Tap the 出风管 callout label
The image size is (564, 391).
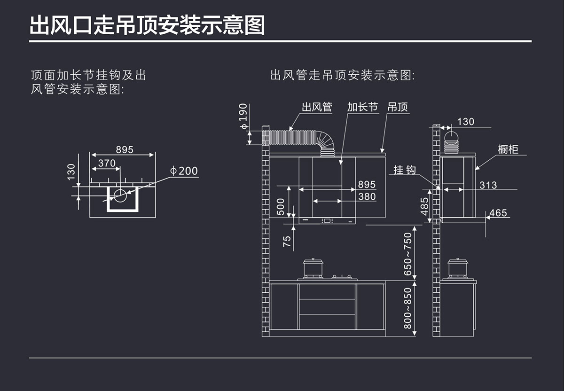(x=317, y=107)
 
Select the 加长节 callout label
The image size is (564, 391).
(x=362, y=107)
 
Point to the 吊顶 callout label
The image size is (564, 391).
(x=398, y=107)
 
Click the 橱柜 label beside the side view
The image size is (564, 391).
(x=508, y=149)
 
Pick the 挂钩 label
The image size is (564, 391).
(x=405, y=170)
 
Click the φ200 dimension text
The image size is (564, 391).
(x=184, y=171)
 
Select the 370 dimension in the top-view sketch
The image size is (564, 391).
(x=107, y=163)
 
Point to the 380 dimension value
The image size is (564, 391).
(x=367, y=196)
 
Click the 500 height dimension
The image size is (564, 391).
(x=281, y=207)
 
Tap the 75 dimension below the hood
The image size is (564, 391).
(x=287, y=242)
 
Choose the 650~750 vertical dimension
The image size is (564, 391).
(x=407, y=254)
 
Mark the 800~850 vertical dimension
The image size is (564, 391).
(x=407, y=308)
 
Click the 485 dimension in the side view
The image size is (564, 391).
(x=425, y=206)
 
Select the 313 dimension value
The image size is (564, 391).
(x=488, y=185)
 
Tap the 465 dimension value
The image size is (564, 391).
(x=498, y=213)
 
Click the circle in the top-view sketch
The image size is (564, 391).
(x=120, y=196)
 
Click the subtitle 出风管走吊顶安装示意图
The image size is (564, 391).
(x=343, y=75)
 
